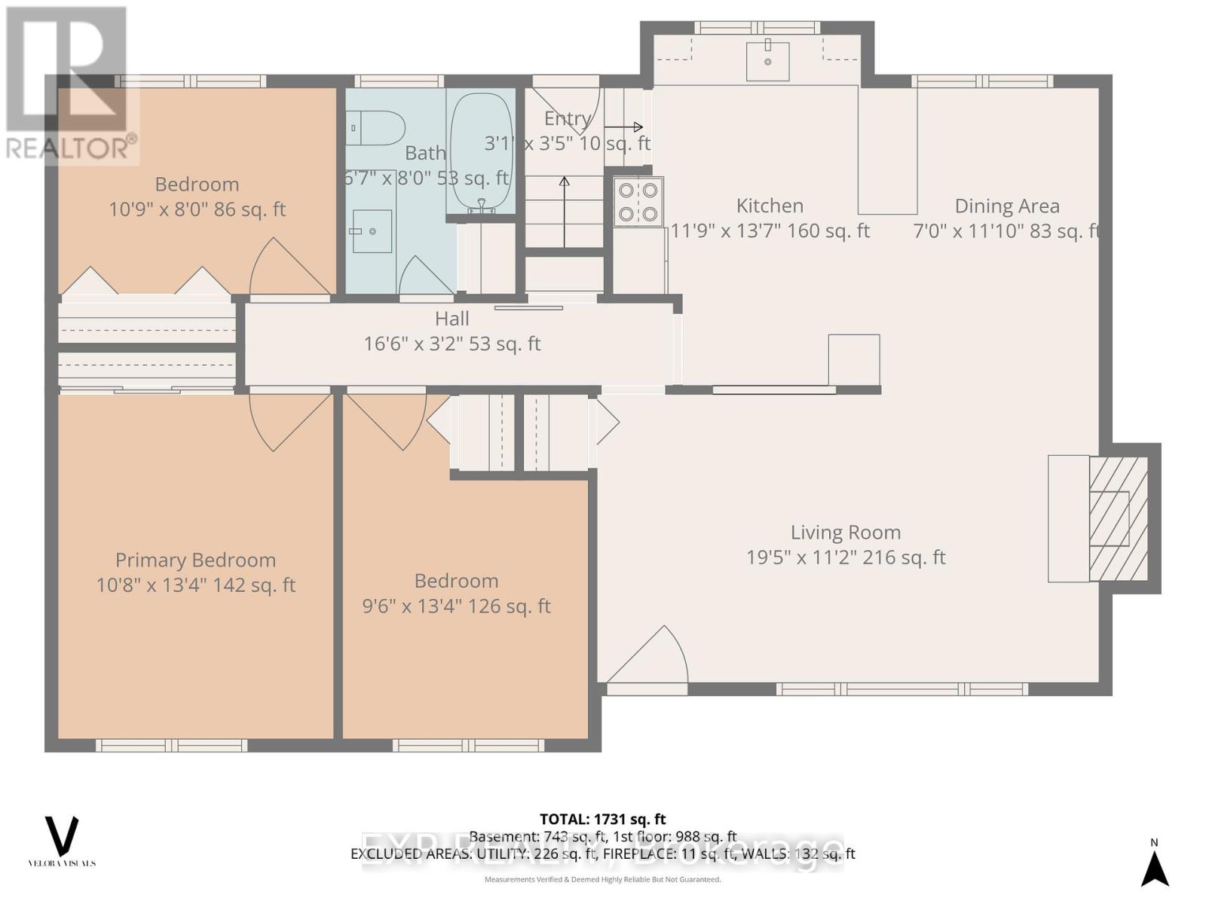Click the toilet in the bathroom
point(376,128)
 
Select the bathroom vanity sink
point(372,231)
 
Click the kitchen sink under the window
point(767,61)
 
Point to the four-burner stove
point(638,202)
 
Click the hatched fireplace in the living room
point(1118,518)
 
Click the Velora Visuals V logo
point(62,837)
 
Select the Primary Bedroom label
point(195,560)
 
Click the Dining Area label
point(1006,206)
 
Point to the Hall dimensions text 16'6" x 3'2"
point(451,344)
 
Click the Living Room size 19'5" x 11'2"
point(845,557)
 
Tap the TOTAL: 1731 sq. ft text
point(602,819)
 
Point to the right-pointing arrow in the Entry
point(623,127)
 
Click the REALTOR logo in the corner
point(69,83)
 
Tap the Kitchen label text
point(769,206)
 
